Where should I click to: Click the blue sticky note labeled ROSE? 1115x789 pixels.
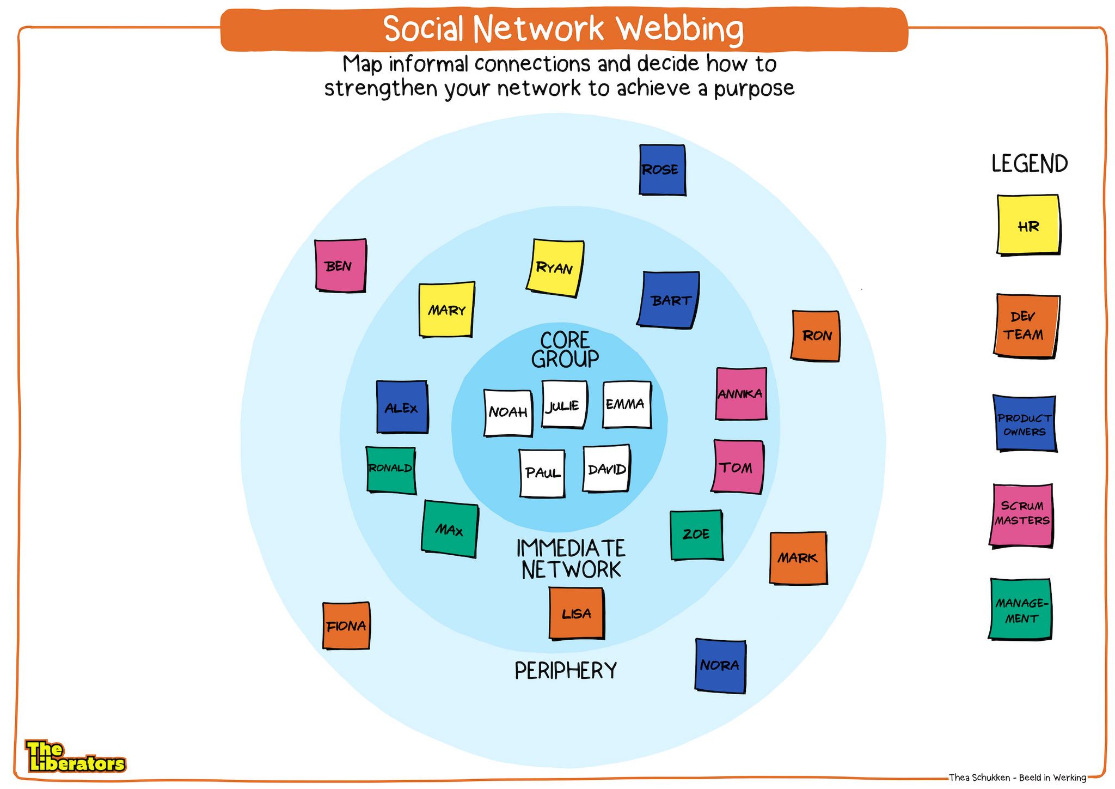662,169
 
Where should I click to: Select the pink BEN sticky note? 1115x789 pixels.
341,265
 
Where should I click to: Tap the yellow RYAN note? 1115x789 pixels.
555,268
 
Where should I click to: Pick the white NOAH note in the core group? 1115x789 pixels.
508,412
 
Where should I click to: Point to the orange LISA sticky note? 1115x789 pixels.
576,613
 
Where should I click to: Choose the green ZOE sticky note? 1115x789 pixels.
696,535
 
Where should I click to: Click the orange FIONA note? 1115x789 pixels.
346,626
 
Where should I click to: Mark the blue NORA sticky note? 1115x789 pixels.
720,665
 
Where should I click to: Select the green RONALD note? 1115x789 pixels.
391,469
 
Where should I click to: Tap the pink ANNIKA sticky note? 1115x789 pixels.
740,393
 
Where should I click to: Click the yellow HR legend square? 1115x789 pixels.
1028,224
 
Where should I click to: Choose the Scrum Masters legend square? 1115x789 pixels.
1021,514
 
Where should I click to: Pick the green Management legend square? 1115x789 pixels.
1020,609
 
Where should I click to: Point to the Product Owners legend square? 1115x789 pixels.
1025,423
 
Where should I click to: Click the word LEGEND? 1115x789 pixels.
1029,164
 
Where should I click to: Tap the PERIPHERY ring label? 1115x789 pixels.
566,671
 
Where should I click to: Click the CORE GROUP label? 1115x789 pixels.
565,350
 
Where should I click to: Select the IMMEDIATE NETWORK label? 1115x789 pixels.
571,559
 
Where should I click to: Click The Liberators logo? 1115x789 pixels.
75,757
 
